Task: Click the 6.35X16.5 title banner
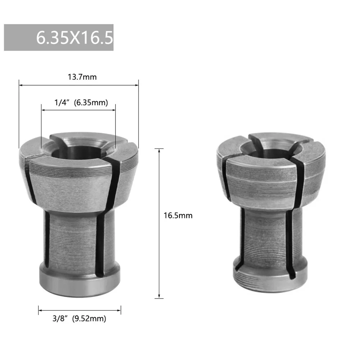tap(59, 37)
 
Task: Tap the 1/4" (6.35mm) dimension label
tap(81, 103)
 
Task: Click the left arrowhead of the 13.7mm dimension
tap(20, 85)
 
